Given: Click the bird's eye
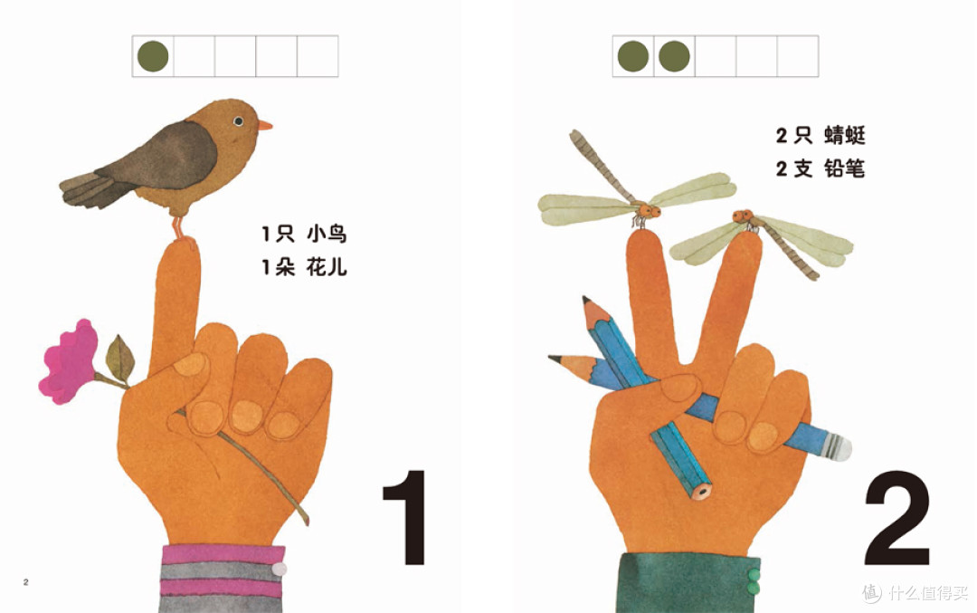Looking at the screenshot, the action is pyautogui.click(x=238, y=121).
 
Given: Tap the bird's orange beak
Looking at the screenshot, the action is pyautogui.click(x=265, y=125).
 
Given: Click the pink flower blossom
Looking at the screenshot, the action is pyautogui.click(x=69, y=361).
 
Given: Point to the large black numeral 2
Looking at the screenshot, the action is pyautogui.click(x=897, y=517).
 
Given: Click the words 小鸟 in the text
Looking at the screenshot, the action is pyautogui.click(x=327, y=235).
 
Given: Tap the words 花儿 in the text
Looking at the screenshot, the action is pyautogui.click(x=327, y=267).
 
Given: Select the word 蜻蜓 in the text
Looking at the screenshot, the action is pyautogui.click(x=845, y=135).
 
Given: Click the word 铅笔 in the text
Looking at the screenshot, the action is pyautogui.click(x=845, y=168).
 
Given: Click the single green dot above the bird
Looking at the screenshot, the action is pyautogui.click(x=153, y=56).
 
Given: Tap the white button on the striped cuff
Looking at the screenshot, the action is pyautogui.click(x=280, y=569).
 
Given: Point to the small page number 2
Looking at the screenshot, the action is pyautogui.click(x=25, y=582).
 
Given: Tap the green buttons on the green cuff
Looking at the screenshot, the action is pyautogui.click(x=754, y=581).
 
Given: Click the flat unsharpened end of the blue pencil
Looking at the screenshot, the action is pyautogui.click(x=702, y=491).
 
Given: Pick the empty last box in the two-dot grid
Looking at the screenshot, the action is pyautogui.click(x=798, y=56).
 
